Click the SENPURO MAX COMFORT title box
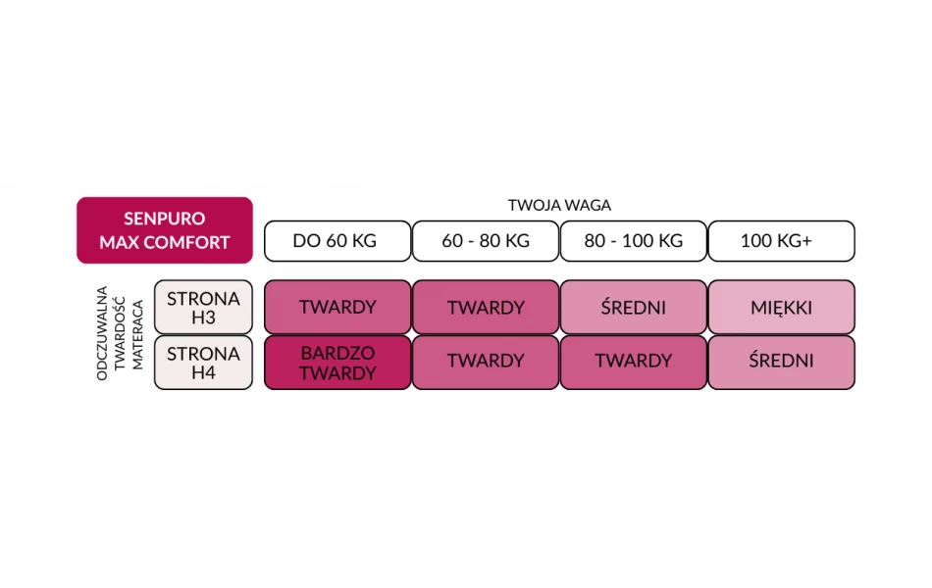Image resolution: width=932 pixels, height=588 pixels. pos(165,230)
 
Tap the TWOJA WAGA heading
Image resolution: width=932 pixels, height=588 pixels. pos(559,206)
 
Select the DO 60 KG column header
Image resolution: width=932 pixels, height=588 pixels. pos(337,241)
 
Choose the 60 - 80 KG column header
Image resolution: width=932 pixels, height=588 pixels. pos(486,241)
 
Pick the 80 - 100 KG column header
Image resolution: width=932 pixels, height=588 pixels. pos(633,241)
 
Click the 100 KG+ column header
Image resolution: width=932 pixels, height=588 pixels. pos(781,241)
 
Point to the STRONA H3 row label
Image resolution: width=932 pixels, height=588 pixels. pos(203,307)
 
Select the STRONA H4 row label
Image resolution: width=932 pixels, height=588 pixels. pos(203,363)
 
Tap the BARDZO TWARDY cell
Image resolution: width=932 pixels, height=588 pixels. pos(337,363)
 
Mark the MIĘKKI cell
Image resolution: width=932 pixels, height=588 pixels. pos(781,307)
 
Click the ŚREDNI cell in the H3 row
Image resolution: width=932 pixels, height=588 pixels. pos(633,307)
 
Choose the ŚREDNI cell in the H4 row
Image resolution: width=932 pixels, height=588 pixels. pos(781,361)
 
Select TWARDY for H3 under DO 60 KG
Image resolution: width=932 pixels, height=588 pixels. pos(337,307)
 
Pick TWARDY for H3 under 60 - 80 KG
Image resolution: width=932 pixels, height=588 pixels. pos(486,307)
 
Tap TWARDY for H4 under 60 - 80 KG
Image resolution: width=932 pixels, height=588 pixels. pos(486,361)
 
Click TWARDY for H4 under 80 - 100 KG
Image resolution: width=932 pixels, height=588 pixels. pos(633,361)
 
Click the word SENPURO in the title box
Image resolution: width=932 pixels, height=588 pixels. pos(165,220)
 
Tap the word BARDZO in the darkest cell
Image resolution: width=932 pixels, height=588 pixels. pos(337,353)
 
